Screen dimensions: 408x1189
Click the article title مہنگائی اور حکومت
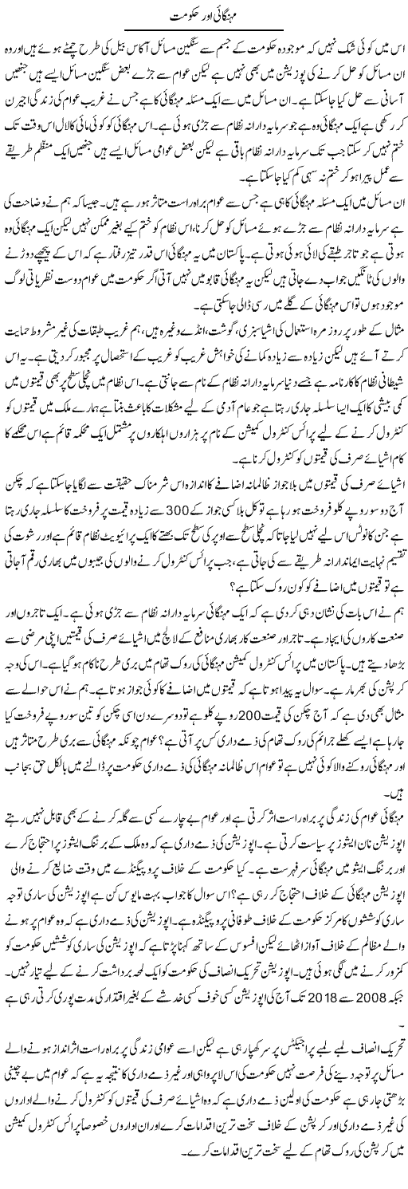[204, 16]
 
